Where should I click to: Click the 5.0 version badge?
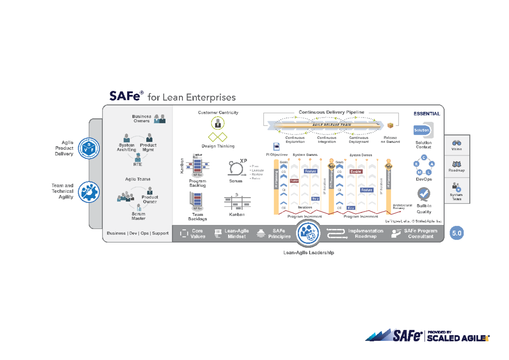[x=457, y=233]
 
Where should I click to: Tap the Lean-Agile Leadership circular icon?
[x=308, y=233]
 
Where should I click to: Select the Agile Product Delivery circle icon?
[x=89, y=148]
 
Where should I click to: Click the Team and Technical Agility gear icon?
[x=89, y=192]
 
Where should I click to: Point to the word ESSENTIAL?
[x=427, y=114]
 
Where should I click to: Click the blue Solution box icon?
[x=422, y=130]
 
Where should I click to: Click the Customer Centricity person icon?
[x=218, y=123]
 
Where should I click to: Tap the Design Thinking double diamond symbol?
[x=218, y=137]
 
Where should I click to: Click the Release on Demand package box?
[x=390, y=125]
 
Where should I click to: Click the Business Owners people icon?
[x=159, y=119]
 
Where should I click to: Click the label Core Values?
[x=197, y=234]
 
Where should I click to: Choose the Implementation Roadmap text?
[x=365, y=234]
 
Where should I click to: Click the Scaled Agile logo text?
[x=458, y=338]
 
